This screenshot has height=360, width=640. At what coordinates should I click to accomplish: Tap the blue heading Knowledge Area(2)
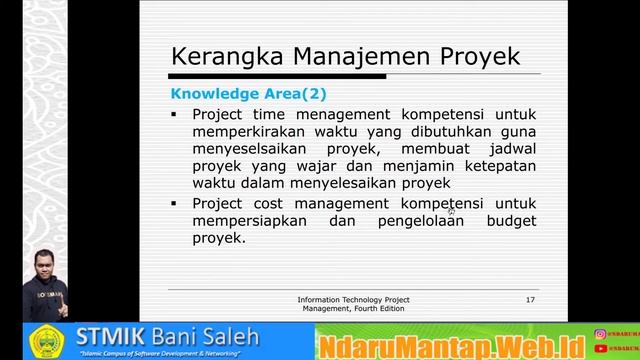click(248, 94)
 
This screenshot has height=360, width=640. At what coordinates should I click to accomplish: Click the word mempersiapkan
click(247, 220)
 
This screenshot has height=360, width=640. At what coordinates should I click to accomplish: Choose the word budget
click(511, 220)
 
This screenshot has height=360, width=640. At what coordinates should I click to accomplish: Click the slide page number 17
click(530, 300)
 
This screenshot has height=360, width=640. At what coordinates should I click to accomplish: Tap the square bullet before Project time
click(173, 114)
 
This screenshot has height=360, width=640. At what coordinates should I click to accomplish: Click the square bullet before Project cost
click(173, 203)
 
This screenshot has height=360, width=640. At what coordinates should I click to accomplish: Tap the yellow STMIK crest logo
click(46, 340)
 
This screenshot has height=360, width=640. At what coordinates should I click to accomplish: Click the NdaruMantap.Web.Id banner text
click(453, 343)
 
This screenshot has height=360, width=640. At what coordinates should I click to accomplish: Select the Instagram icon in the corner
click(600, 334)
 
